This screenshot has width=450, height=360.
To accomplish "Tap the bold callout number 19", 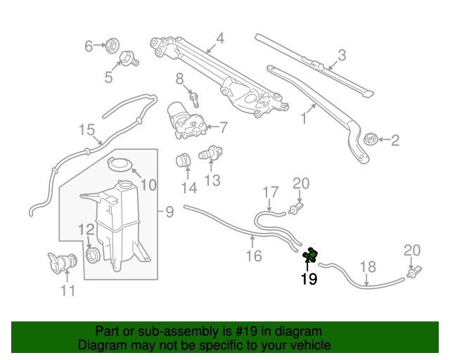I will [309, 280].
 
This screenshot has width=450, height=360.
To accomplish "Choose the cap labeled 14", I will [184, 161].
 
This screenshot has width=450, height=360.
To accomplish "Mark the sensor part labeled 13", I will [211, 154].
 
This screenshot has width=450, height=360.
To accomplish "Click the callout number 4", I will [220, 39].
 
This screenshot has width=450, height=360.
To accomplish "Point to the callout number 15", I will [86, 130].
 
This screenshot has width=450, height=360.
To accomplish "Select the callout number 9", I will [169, 211].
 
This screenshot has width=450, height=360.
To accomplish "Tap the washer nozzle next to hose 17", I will [298, 207].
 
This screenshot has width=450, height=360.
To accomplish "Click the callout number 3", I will [342, 54].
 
